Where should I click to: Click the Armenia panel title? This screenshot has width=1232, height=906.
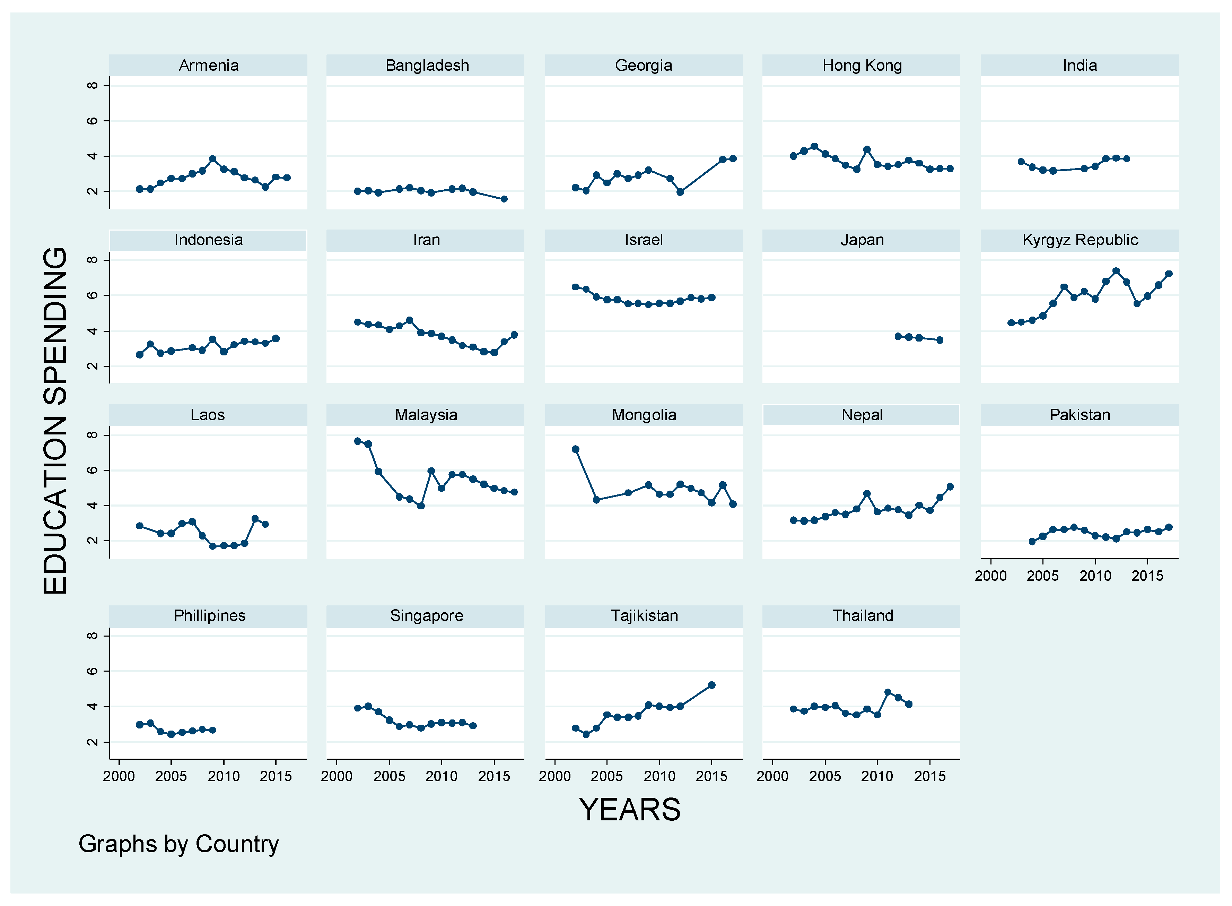pyautogui.click(x=208, y=65)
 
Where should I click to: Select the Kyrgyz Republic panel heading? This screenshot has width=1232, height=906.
pyautogui.click(x=1080, y=240)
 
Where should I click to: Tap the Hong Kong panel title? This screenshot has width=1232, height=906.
pyautogui.click(x=862, y=65)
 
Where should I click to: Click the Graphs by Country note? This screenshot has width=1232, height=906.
pyautogui.click(x=179, y=844)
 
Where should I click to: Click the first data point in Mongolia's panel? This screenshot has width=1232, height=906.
pyautogui.click(x=575, y=449)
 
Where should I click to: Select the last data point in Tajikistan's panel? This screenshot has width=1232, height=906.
pyautogui.click(x=711, y=685)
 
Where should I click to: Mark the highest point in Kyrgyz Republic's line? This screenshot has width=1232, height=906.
pyautogui.click(x=1116, y=271)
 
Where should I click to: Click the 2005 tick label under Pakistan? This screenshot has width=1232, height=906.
pyautogui.click(x=1042, y=576)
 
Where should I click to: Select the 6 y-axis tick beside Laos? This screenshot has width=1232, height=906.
pyautogui.click(x=93, y=470)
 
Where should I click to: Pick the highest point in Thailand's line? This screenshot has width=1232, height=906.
pyautogui.click(x=888, y=692)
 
